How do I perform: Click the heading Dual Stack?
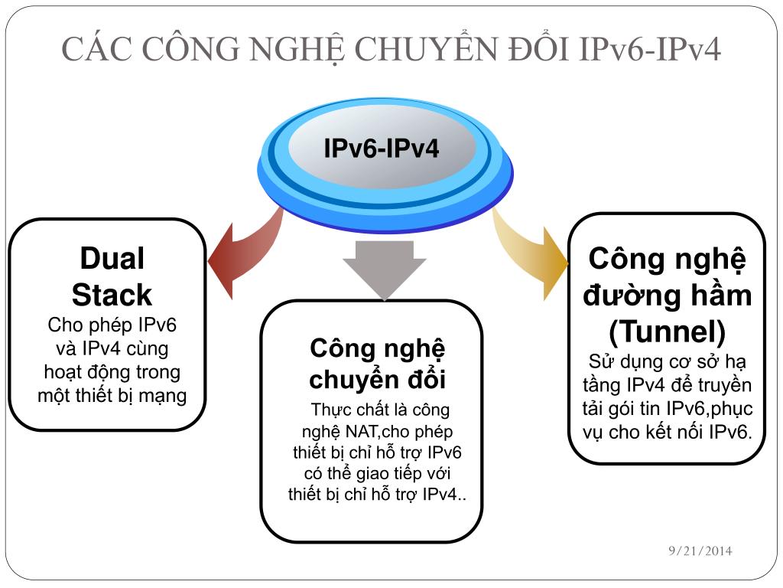pos(112,276)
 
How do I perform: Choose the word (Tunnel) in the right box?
pos(667,332)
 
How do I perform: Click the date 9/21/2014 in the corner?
pos(699,550)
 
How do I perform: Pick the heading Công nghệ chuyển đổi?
pos(377,364)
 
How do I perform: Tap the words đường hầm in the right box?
pos(667,296)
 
